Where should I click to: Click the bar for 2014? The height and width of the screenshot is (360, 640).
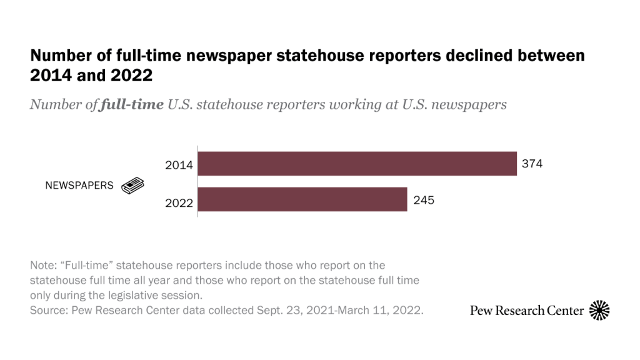point(357,164)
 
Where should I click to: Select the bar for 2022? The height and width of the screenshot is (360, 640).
point(302,199)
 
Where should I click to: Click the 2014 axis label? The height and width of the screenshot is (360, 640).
point(179,166)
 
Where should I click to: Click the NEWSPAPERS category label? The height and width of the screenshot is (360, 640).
point(79,186)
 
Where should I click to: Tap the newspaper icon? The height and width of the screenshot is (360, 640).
point(132,186)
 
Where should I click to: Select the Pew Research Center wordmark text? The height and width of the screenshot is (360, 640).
point(527,311)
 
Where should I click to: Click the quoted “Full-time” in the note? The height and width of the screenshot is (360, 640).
point(87,266)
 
